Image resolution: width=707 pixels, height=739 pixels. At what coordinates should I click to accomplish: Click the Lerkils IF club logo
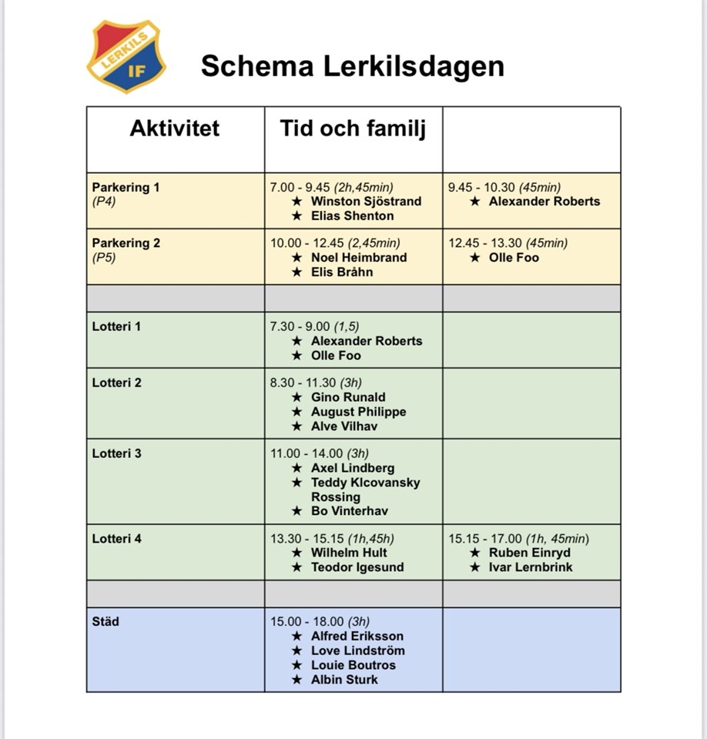coord(126,56)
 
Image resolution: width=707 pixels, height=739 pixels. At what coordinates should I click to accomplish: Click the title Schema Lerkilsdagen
coord(352,66)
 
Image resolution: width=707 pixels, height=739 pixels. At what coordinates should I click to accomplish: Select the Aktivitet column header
coord(174,128)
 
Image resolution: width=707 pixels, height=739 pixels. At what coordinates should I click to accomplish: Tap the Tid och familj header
coord(352,128)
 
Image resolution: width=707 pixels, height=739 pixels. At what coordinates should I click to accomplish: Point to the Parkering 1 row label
coord(126,187)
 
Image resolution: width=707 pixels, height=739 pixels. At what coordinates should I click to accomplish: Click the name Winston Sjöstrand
coord(366,202)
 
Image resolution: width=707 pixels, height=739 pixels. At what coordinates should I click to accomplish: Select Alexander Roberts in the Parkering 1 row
coord(544,202)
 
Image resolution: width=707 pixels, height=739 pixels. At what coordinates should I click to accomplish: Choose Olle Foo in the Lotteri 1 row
coord(336,356)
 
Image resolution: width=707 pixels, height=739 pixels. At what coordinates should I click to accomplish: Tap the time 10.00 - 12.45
coord(307,243)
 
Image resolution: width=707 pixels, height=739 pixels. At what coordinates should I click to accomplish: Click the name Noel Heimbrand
coord(359,258)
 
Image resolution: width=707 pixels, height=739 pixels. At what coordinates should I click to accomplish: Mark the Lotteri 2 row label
coord(117,383)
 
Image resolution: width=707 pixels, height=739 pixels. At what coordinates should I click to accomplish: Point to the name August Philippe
coord(358,412)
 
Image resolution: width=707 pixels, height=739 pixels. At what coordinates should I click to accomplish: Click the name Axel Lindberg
coord(353,468)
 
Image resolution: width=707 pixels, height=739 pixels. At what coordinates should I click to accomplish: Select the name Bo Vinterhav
coord(349,511)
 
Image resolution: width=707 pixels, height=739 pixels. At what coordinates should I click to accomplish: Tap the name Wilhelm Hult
coord(349,553)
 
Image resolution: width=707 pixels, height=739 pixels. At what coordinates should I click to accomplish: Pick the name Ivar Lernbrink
coord(531,567)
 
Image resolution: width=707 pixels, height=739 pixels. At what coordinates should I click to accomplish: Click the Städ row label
coord(106,621)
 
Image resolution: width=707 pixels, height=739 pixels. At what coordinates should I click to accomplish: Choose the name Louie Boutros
coord(353,665)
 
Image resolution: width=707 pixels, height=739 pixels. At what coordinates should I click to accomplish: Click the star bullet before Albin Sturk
coord(297,680)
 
